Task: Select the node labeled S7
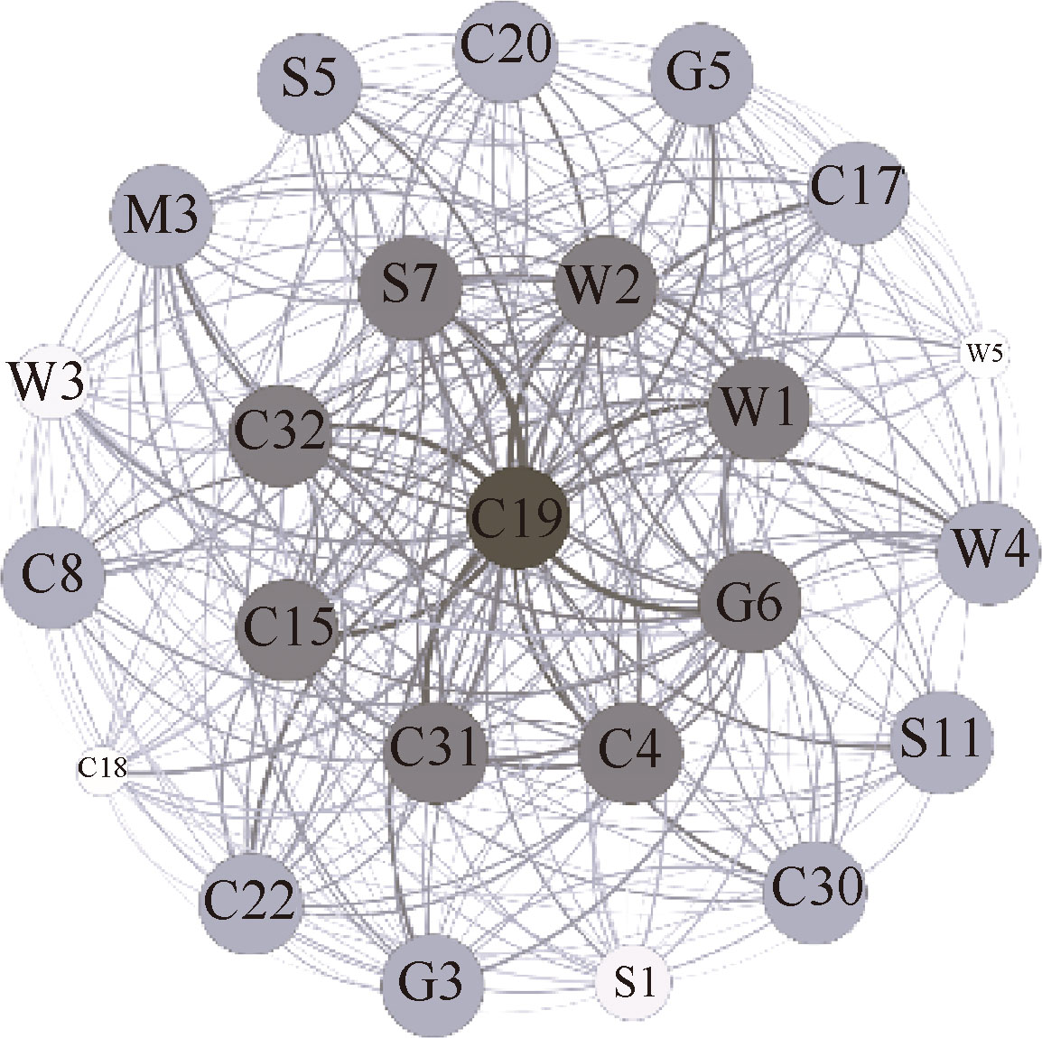[409, 290]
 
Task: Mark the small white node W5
[983, 354]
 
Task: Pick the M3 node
[161, 218]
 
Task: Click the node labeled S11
[942, 739]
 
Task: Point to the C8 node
[51, 574]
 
